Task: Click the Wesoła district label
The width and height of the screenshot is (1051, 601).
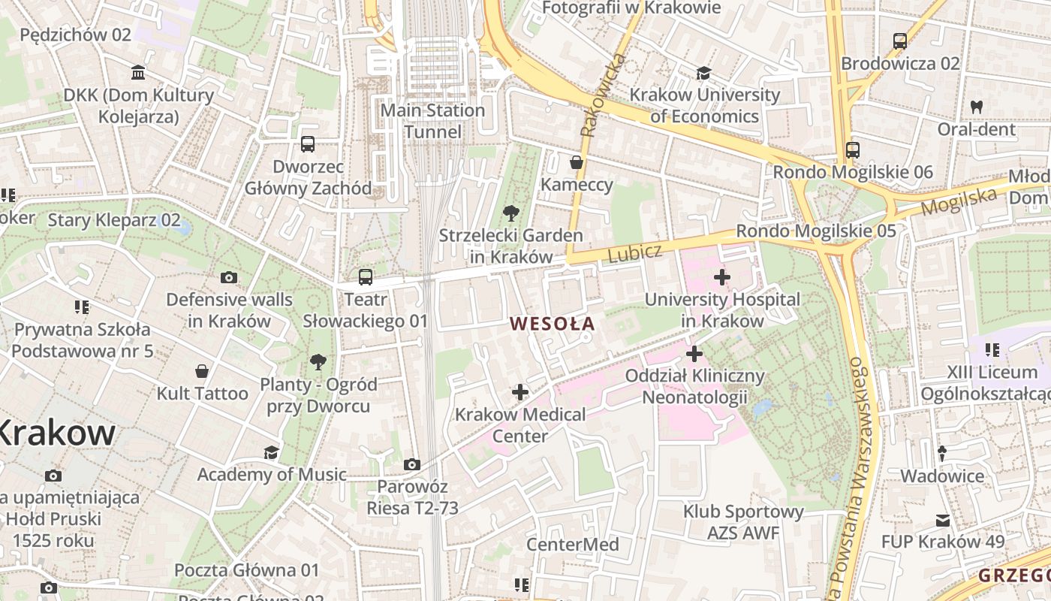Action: coord(552,324)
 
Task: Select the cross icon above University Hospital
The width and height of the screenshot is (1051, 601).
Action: coord(721,277)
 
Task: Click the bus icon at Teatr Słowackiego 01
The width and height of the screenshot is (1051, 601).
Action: coord(366,277)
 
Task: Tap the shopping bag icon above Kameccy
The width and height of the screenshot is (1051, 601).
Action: coord(576,162)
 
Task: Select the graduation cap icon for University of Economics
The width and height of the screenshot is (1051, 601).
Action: coord(703,73)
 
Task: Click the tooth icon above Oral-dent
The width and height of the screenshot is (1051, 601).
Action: coord(976,107)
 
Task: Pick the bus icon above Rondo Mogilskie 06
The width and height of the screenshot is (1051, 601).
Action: coord(852,149)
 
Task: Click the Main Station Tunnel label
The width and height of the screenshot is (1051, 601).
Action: coord(433,121)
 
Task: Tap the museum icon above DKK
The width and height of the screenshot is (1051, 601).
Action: coord(138,73)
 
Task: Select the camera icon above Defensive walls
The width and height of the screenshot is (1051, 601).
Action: coord(229,277)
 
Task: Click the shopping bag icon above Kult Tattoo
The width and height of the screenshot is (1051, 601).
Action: coord(202,371)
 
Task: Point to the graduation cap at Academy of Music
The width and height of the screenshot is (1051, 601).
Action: coord(271,452)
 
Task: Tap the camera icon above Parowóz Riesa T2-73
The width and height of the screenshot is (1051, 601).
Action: coord(411,464)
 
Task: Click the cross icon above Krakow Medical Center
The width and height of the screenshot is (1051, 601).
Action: coord(519,391)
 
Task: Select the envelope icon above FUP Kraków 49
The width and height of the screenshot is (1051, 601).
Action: coord(942,520)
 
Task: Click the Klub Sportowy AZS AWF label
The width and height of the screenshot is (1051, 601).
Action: coord(733,522)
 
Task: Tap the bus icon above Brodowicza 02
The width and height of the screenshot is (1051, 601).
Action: coord(899,41)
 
